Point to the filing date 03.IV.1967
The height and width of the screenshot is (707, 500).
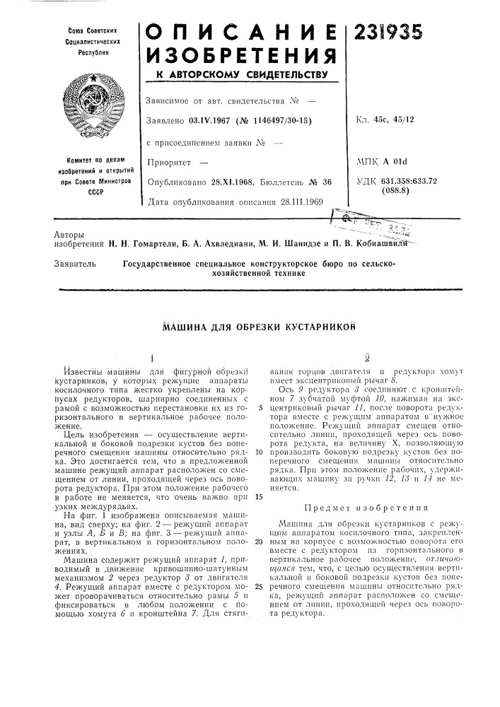(213, 119)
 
